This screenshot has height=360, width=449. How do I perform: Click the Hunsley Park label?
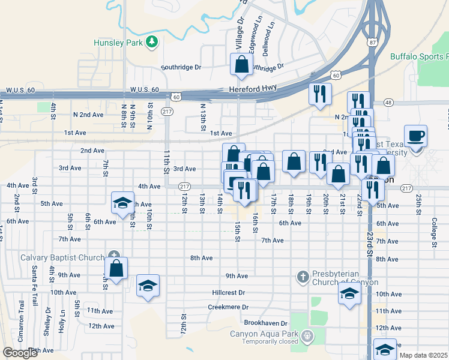[x=117, y=43]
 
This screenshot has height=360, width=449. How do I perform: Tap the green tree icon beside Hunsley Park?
[x=152, y=41]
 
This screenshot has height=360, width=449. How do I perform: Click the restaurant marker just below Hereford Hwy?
[x=319, y=94]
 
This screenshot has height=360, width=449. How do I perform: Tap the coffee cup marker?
[x=415, y=136]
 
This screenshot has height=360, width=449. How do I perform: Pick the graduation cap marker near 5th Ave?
[x=122, y=203]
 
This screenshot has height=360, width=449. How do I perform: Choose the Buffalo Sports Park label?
[x=419, y=57]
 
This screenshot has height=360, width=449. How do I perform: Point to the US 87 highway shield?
[x=373, y=42]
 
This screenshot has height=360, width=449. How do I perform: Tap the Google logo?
[x=20, y=353]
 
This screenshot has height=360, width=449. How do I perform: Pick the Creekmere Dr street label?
[x=228, y=307]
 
